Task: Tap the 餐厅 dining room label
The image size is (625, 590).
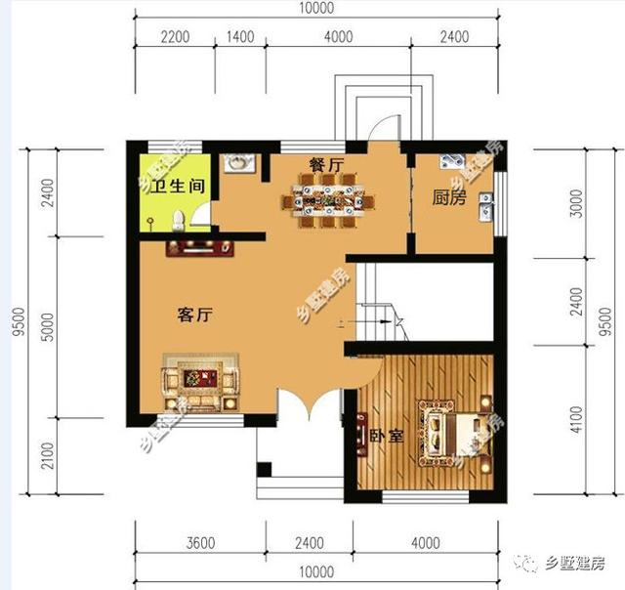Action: point(326,166)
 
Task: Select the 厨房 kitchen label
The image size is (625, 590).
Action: point(449,196)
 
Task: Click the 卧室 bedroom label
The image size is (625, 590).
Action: point(387,436)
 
